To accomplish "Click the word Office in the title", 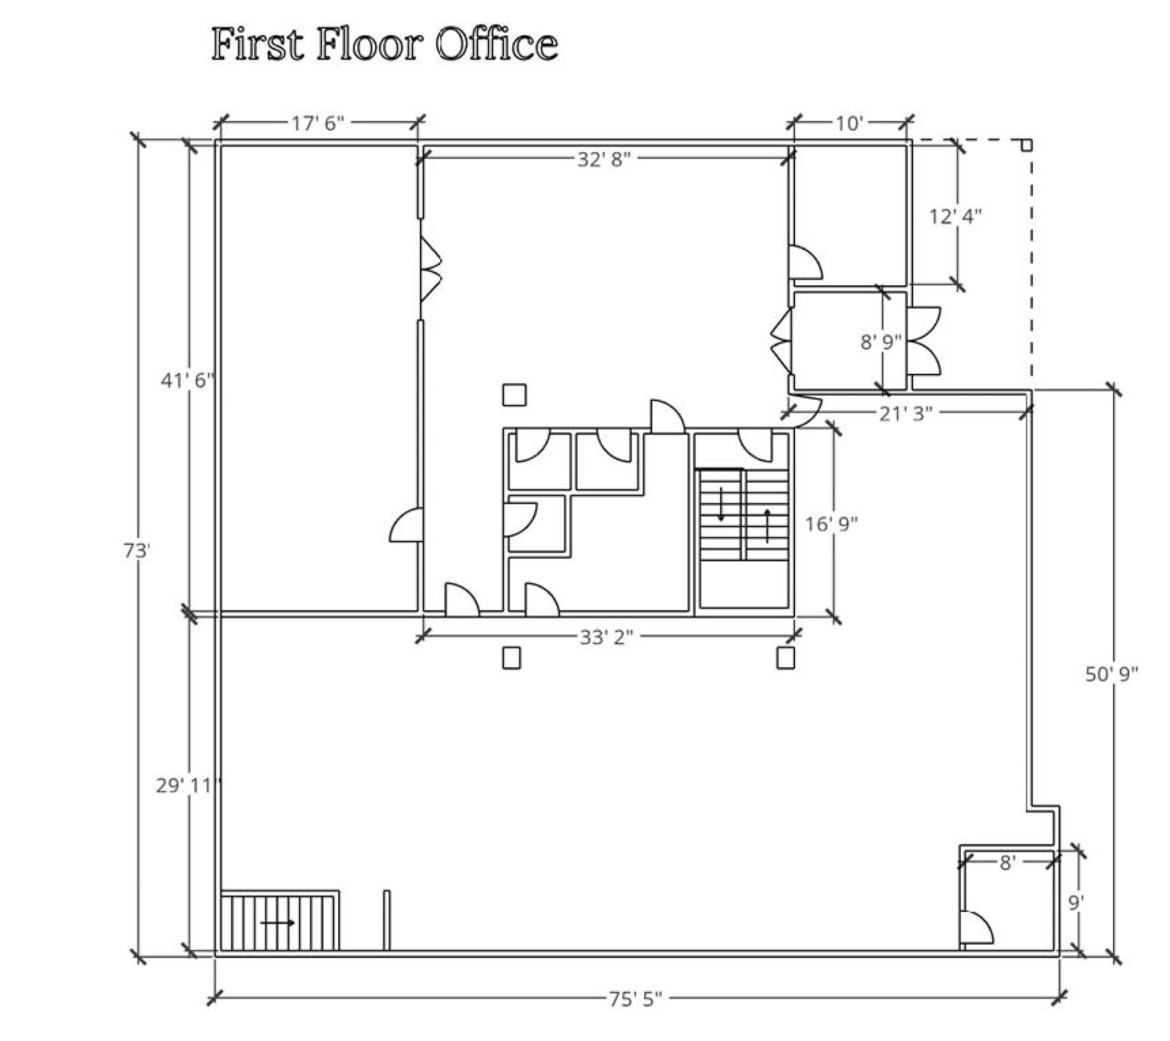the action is (497, 44).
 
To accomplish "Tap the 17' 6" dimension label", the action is (318, 123).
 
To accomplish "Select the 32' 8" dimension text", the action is (604, 159).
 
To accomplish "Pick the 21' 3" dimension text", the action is (906, 413).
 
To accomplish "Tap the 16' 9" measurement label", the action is (832, 524).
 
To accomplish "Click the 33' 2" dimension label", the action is (607, 637).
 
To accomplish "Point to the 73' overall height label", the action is (137, 551).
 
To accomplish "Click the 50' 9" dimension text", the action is (1112, 674).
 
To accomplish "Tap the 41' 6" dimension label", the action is (187, 380).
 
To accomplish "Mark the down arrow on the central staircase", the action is (721, 504).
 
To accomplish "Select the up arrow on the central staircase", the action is (768, 525).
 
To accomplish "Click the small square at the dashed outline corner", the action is (1026, 145).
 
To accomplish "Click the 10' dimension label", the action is (849, 123).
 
